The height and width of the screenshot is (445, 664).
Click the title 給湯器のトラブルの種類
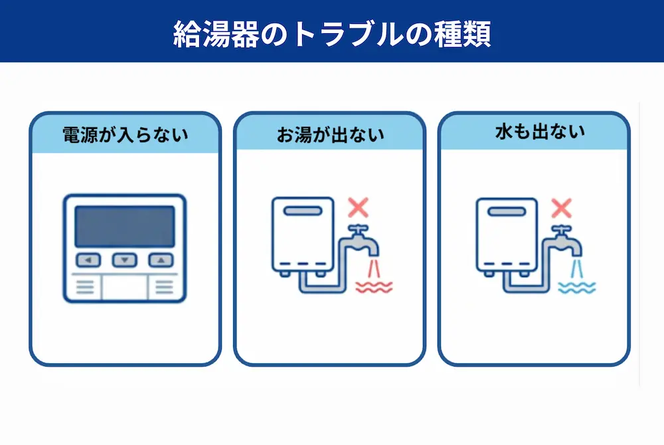(x=332, y=33)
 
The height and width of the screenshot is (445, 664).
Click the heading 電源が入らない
(x=125, y=135)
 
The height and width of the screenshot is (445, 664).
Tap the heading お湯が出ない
(x=329, y=135)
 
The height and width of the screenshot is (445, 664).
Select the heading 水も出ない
(x=534, y=133)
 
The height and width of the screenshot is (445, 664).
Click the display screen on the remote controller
(x=125, y=226)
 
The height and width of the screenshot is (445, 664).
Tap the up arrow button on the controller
(x=160, y=260)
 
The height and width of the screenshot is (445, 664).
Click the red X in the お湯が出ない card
(x=358, y=208)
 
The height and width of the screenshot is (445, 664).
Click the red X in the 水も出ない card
(x=562, y=208)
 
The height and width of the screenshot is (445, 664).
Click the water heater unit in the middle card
(x=302, y=234)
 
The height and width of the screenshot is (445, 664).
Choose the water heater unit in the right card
(x=506, y=234)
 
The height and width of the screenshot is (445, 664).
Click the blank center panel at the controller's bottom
(x=125, y=287)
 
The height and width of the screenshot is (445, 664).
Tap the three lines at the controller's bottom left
(x=84, y=287)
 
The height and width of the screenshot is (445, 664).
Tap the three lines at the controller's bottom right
(x=164, y=287)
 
